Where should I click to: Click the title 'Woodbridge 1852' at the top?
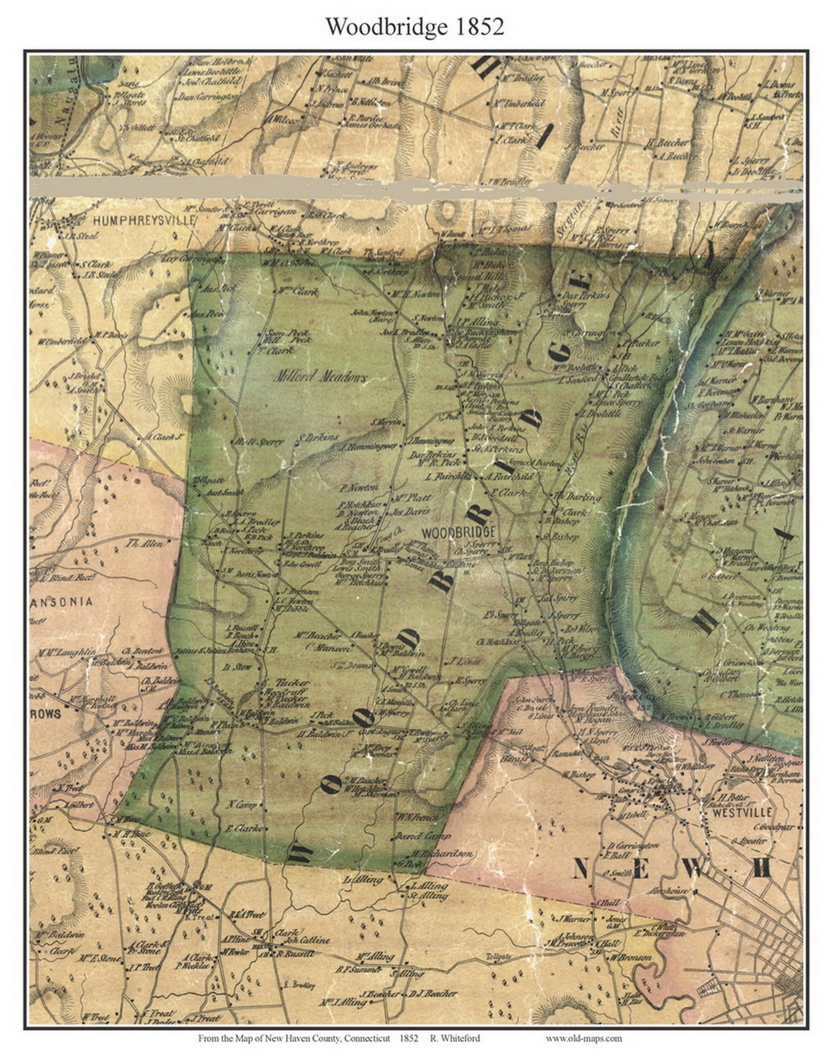(415, 26)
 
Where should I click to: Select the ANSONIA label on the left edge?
(61, 602)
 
